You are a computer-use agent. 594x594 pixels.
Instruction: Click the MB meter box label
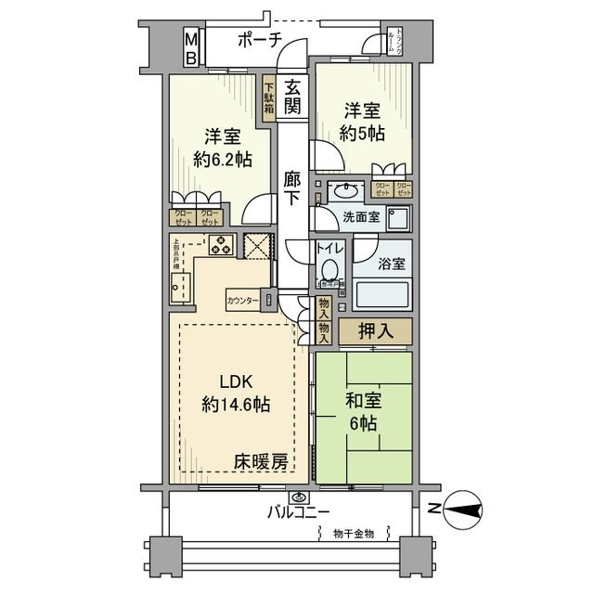click(189, 48)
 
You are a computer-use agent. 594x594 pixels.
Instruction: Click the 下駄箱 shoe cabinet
click(267, 94)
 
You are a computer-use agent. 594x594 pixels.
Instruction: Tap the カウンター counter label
click(243, 300)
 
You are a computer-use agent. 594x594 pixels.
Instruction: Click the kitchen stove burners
click(223, 246)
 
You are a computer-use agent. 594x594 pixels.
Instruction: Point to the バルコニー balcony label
click(301, 511)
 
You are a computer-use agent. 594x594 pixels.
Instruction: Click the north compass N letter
click(433, 508)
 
